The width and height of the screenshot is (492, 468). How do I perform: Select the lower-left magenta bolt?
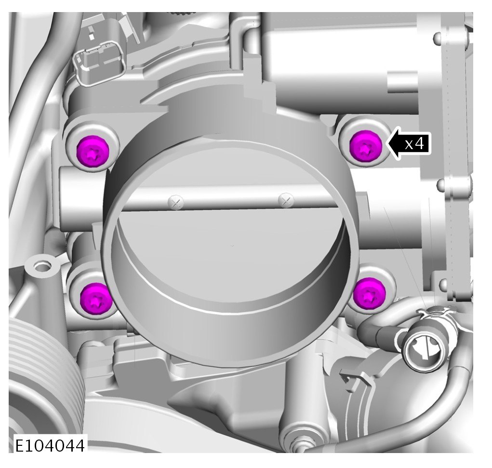pyautogui.click(x=96, y=299)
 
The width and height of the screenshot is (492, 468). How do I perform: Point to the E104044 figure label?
pyautogui.click(x=50, y=445)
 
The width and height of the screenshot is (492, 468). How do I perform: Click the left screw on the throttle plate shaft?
pyautogui.click(x=176, y=202)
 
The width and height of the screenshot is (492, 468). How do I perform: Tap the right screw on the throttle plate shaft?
pyautogui.click(x=286, y=200)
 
